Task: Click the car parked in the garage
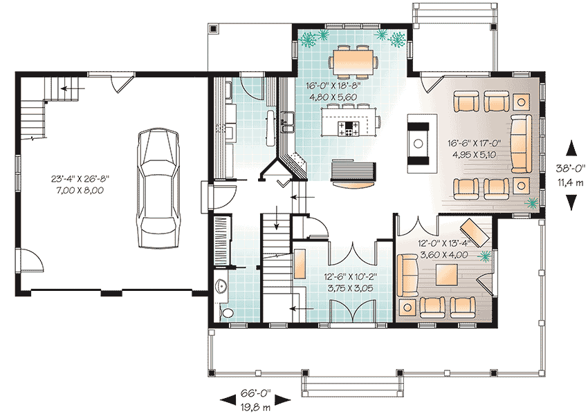[x=158, y=189]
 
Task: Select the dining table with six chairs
[x=353, y=61]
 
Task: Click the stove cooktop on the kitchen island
[x=349, y=128]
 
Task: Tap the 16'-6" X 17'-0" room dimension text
[x=474, y=143]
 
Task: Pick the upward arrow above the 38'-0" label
[x=571, y=148]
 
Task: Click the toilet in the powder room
[x=226, y=313]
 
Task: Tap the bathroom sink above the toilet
[x=221, y=287]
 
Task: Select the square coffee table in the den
[x=447, y=275]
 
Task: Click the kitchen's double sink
[x=288, y=122]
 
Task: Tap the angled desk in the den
[x=475, y=231]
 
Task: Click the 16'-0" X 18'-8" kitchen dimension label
[x=333, y=86]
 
